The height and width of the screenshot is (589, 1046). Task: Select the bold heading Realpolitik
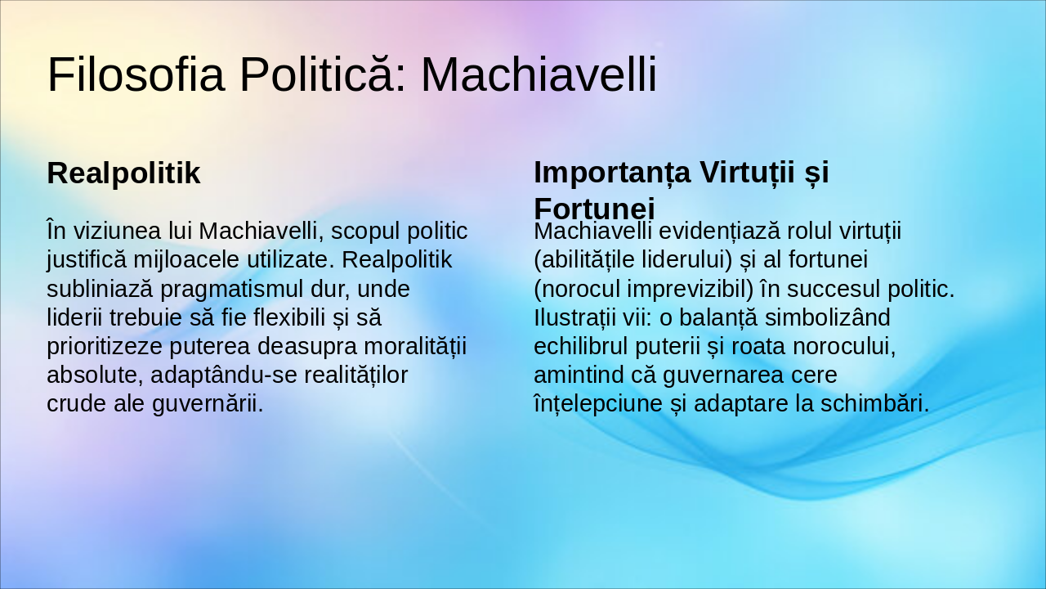pyautogui.click(x=123, y=173)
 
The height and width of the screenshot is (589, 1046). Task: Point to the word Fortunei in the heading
pyautogui.click(x=594, y=207)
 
